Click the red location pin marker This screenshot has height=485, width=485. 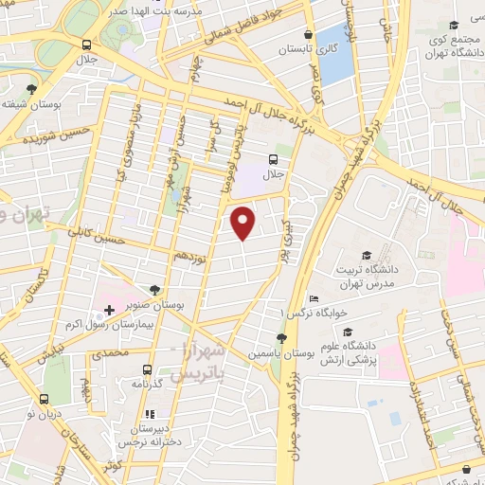[x=244, y=222]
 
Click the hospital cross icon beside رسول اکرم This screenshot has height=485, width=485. [x=109, y=310]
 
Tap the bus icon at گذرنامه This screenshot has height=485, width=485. [x=147, y=369]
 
